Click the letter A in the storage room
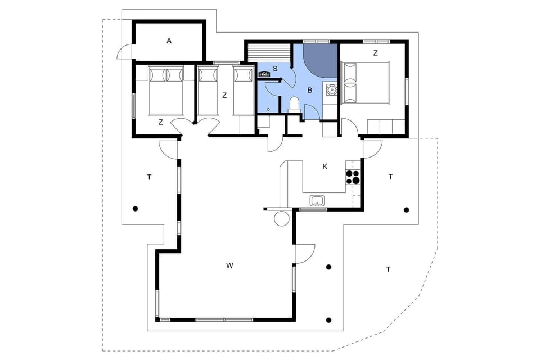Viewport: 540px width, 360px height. [169, 40]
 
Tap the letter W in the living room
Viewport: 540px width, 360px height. [229, 265]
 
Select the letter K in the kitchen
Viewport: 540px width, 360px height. [325, 166]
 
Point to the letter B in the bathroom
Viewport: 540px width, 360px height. [309, 89]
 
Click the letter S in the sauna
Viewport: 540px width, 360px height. [274, 68]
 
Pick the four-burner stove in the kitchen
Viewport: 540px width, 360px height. [352, 177]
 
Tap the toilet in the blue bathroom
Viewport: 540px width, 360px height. [293, 103]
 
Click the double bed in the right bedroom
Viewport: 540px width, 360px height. [366, 82]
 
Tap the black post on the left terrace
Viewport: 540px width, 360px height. [135, 209]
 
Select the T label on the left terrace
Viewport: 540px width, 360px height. [149, 177]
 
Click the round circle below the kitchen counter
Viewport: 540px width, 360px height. [281, 219]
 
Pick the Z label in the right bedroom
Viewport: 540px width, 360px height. [375, 53]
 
